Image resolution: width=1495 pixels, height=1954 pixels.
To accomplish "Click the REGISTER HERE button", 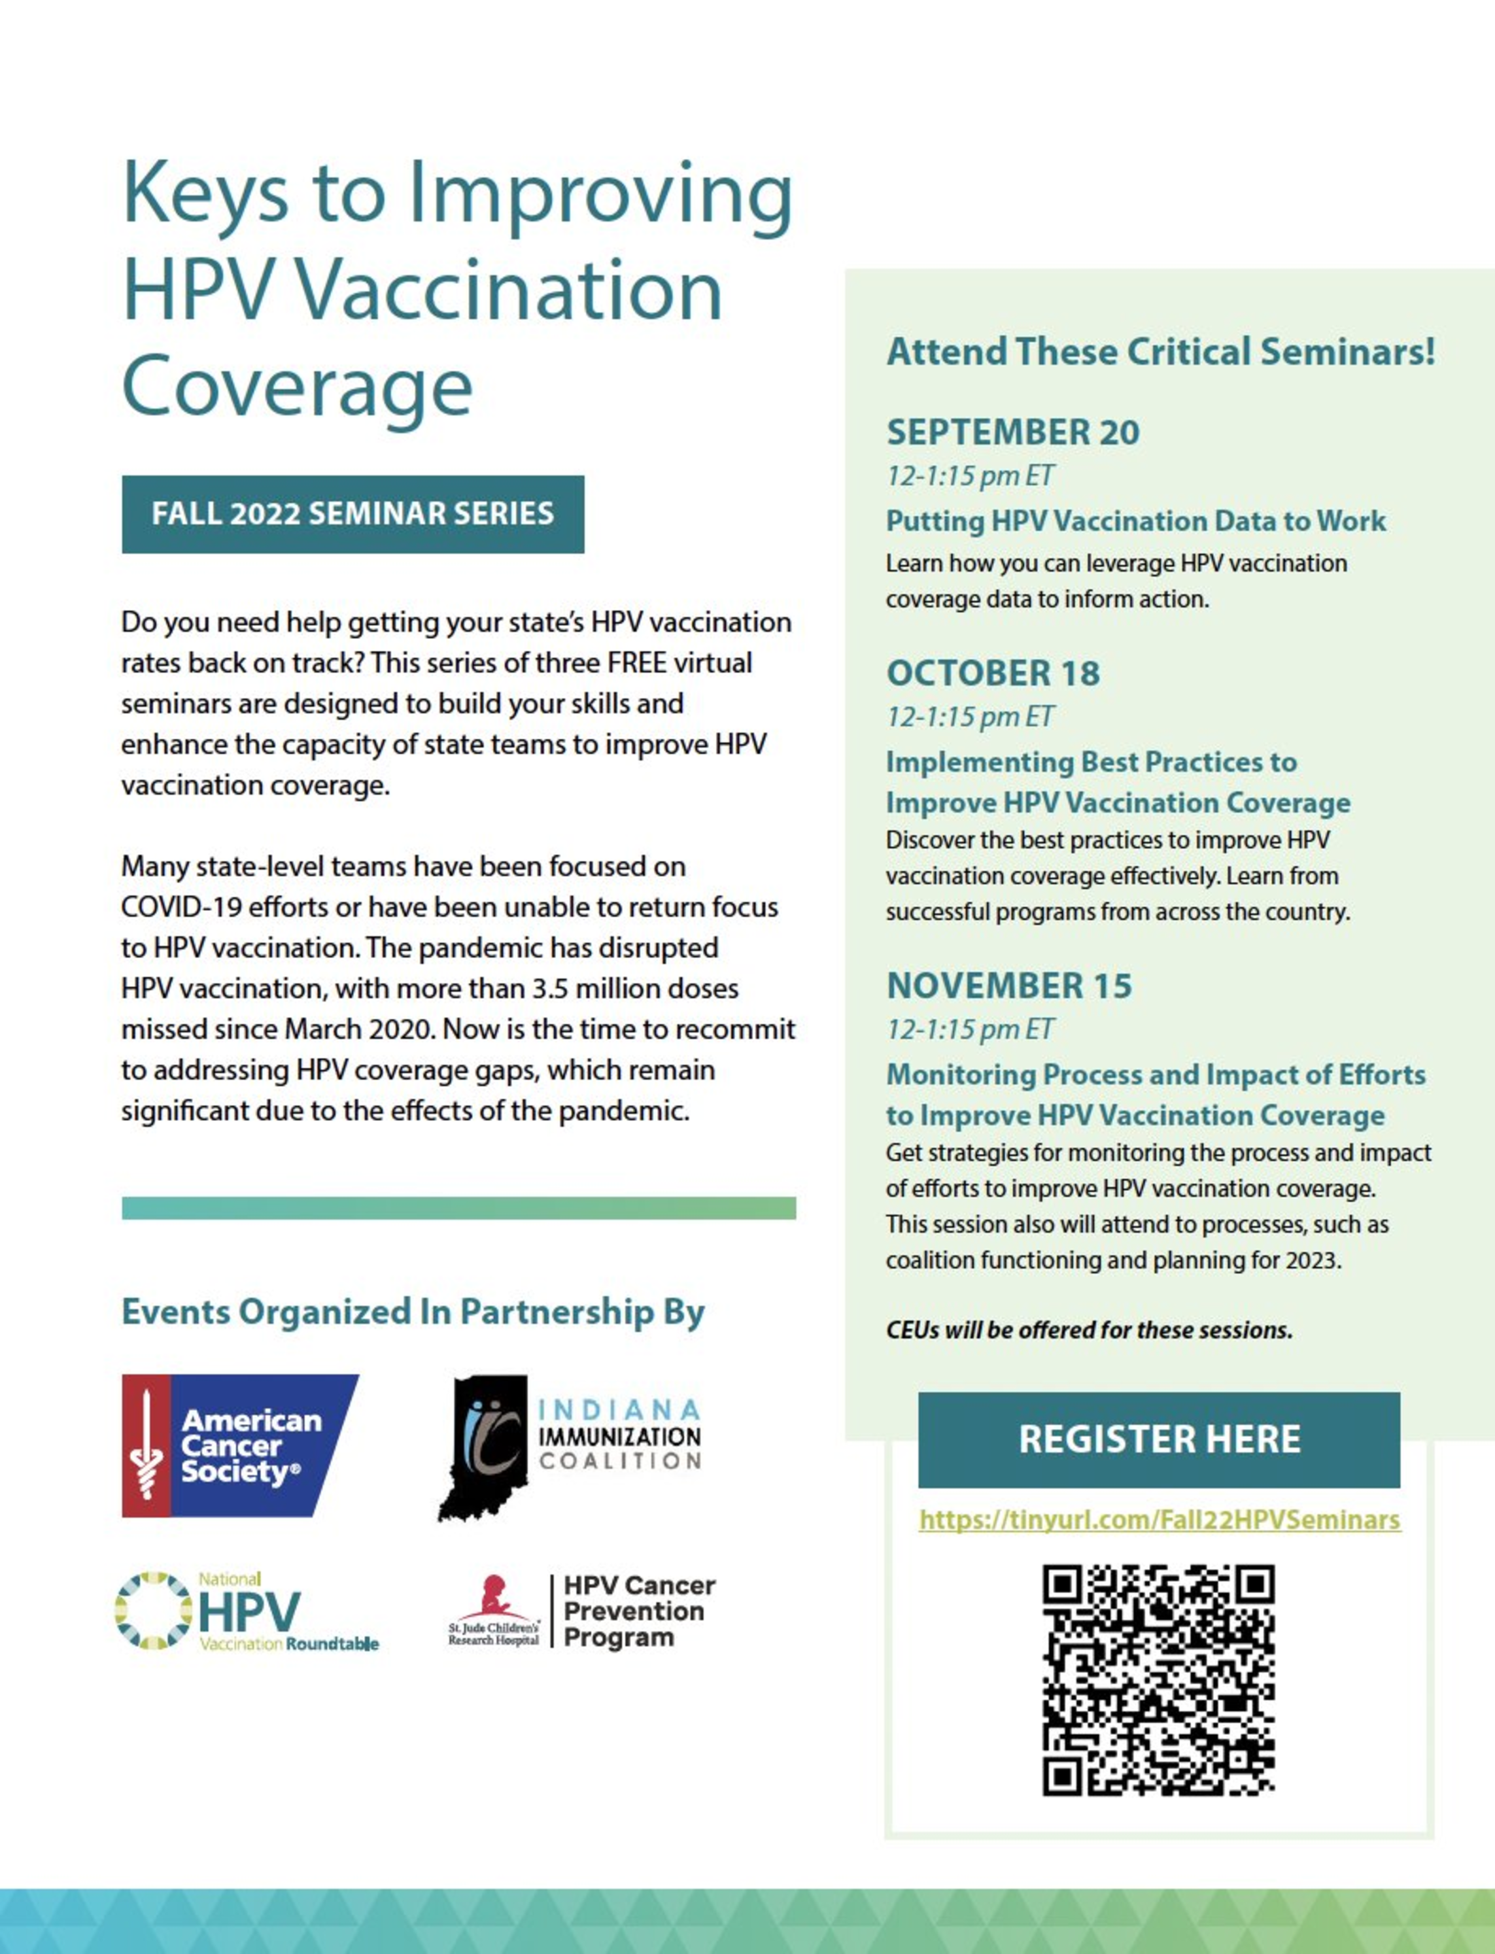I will click(x=1159, y=1439).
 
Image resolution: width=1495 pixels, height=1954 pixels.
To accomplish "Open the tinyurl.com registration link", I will click(x=1160, y=1520).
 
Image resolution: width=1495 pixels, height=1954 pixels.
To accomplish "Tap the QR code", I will click(x=1159, y=1679).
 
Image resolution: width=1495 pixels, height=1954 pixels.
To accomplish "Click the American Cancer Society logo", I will click(x=239, y=1445).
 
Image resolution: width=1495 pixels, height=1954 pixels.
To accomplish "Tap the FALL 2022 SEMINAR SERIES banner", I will click(x=352, y=514).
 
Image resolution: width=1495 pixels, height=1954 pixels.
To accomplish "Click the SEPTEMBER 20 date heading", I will click(x=1012, y=432).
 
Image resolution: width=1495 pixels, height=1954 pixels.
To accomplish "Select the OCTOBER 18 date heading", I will click(x=993, y=674).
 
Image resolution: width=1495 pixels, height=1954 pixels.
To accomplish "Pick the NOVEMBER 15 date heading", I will click(x=1009, y=986).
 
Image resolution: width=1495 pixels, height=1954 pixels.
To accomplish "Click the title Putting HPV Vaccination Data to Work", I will click(x=1135, y=521).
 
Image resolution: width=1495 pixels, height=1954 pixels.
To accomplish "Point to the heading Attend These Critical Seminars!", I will click(x=1160, y=351).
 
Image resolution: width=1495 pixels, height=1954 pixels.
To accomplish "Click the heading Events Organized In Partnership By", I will click(x=413, y=1312).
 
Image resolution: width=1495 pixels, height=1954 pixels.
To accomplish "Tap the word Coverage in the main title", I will click(x=296, y=387).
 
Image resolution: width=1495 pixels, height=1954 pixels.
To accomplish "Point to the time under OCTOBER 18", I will click(x=969, y=717).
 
